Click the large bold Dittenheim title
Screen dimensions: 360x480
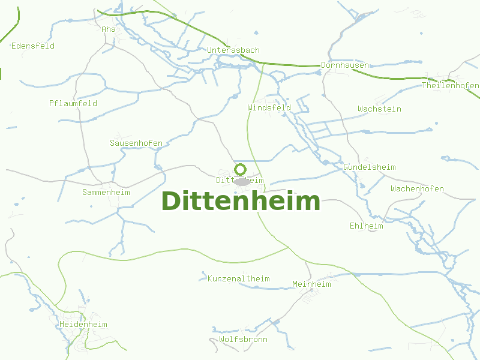pyautogui.click(x=241, y=202)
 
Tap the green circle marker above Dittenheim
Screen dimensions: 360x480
pyautogui.click(x=240, y=169)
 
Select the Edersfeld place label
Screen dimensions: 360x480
pyautogui.click(x=33, y=46)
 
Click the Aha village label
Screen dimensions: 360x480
pyautogui.click(x=109, y=29)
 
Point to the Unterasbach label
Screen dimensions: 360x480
pyautogui.click(x=233, y=50)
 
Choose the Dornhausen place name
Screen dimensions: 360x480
pyautogui.click(x=344, y=65)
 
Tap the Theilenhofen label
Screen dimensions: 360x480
pyautogui.click(x=450, y=86)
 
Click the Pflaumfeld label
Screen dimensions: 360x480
pyautogui.click(x=73, y=104)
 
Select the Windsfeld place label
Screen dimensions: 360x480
pyautogui.click(x=269, y=108)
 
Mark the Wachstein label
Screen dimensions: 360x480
pyautogui.click(x=379, y=109)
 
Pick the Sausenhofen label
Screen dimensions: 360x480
pyautogui.click(x=136, y=143)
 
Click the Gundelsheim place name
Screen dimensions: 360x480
pyautogui.click(x=370, y=167)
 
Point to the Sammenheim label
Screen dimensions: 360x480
pyautogui.click(x=106, y=193)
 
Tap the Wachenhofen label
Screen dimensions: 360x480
pyautogui.click(x=417, y=189)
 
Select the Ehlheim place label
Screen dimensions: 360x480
pyautogui.click(x=366, y=226)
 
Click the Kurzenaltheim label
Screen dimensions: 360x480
pyautogui.click(x=239, y=279)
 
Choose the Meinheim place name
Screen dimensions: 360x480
pyautogui.click(x=311, y=284)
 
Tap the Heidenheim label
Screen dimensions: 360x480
pyautogui.click(x=83, y=325)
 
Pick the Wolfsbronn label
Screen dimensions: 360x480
pyautogui.click(x=243, y=340)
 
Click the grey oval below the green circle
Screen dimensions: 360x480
pyautogui.click(x=241, y=182)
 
